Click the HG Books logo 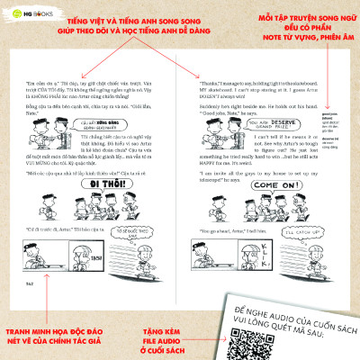pyautogui.click(x=29, y=15)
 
